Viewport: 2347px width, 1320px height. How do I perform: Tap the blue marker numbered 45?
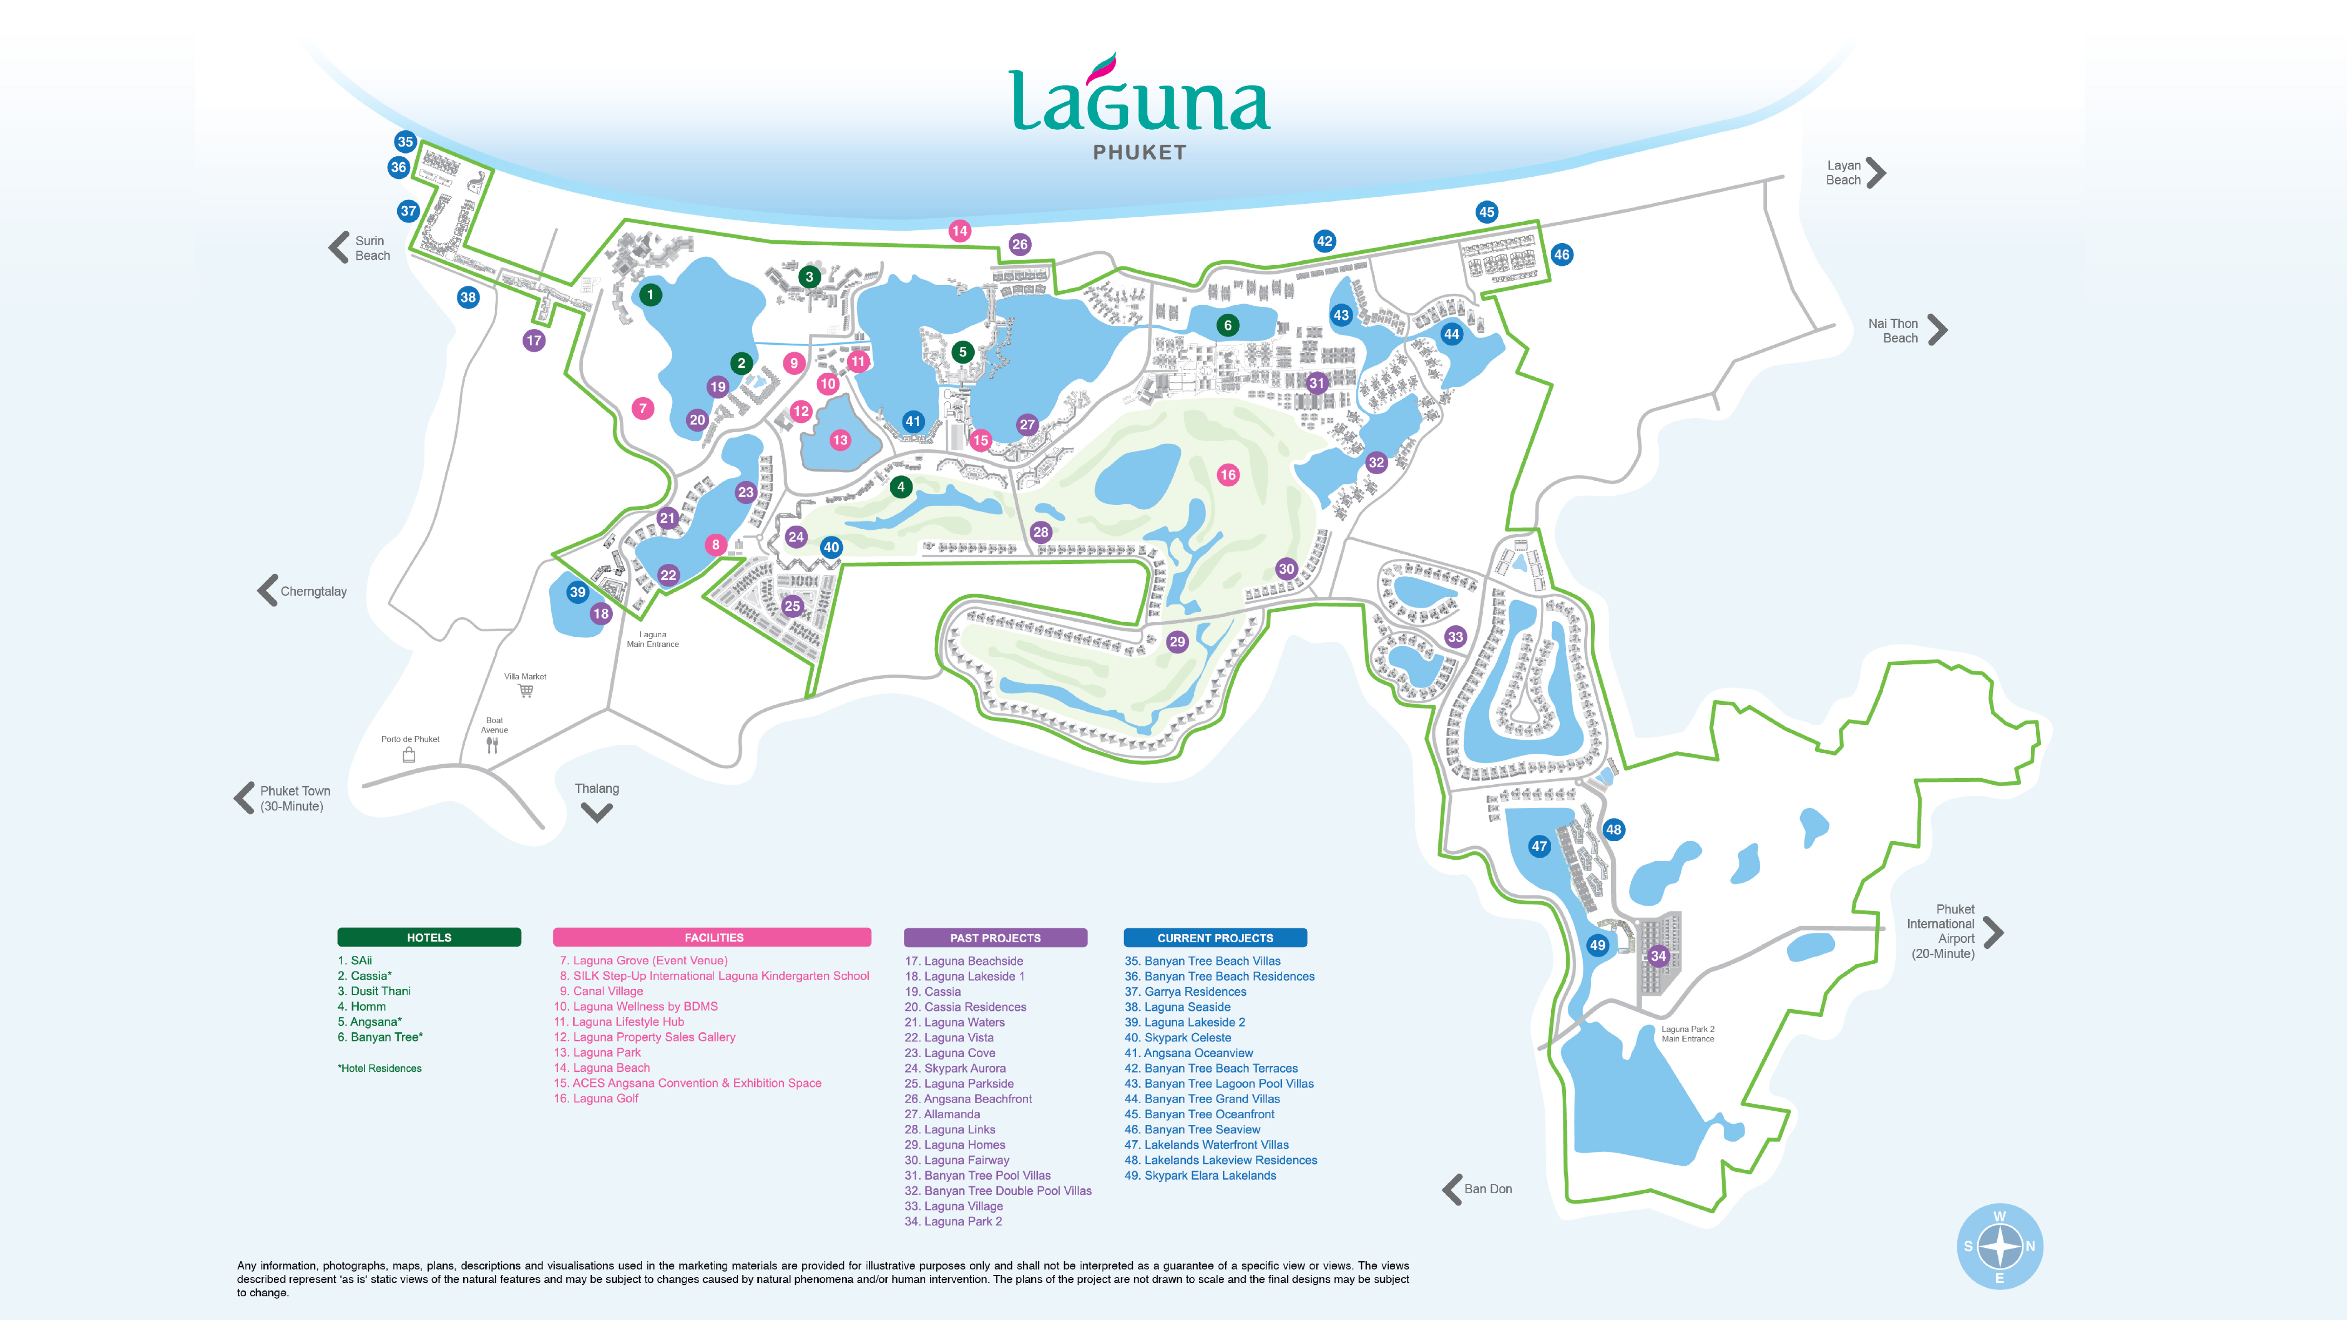(x=1486, y=212)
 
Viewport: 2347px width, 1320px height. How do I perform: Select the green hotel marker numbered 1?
(x=649, y=295)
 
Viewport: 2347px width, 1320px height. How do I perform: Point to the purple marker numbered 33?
(x=1455, y=637)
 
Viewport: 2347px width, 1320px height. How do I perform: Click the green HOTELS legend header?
(x=429, y=937)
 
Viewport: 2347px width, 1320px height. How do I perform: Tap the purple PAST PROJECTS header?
(x=995, y=937)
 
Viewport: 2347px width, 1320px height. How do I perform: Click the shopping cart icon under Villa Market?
(x=526, y=691)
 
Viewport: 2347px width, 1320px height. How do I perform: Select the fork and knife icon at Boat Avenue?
(x=492, y=745)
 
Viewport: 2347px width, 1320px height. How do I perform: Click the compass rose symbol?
(x=2000, y=1246)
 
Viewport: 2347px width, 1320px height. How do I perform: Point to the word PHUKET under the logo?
(x=1140, y=153)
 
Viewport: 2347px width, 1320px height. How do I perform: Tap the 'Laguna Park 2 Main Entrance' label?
(x=1687, y=1034)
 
